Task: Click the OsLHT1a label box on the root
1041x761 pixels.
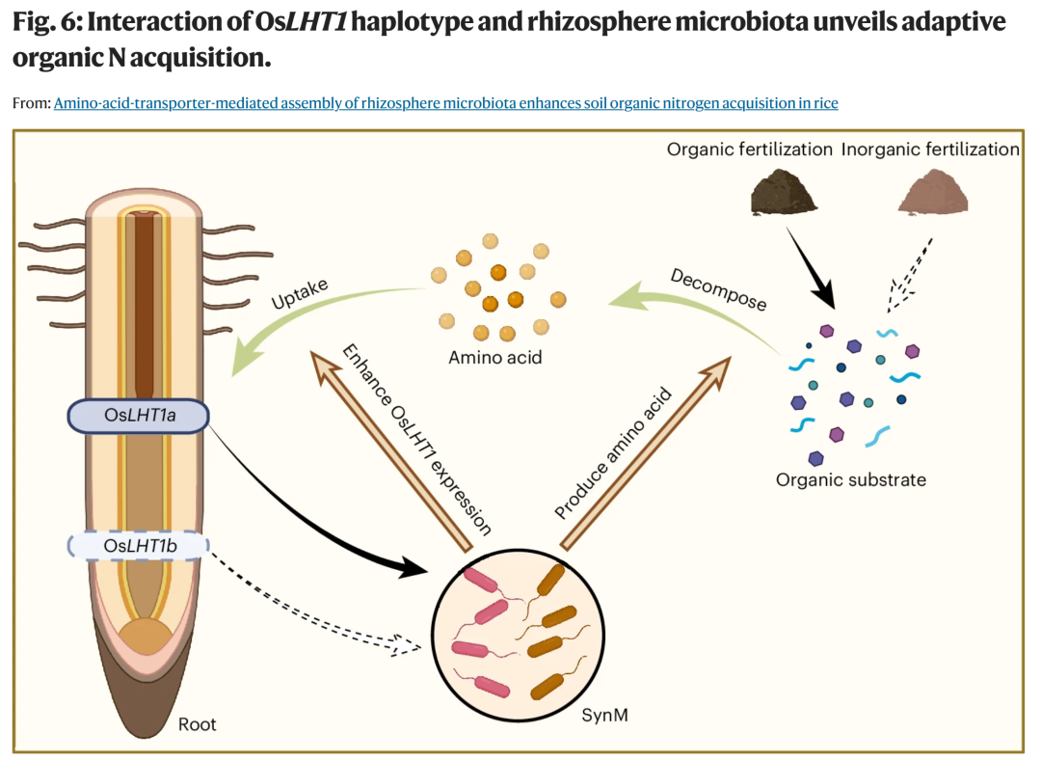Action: tap(139, 416)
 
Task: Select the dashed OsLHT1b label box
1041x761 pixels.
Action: tap(139, 546)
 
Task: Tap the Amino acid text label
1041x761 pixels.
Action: tap(495, 358)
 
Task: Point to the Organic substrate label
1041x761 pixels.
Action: tap(850, 480)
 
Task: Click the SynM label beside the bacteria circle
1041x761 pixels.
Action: tap(604, 715)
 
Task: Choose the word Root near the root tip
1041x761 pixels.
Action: tap(198, 723)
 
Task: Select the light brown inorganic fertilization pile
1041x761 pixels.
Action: tap(933, 192)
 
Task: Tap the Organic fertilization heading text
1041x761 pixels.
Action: tap(750, 149)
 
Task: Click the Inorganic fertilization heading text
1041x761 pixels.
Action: tap(930, 149)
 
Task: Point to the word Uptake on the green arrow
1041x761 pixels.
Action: tap(300, 293)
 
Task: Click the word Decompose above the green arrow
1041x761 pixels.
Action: tap(718, 289)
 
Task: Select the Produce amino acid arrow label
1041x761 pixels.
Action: tap(613, 453)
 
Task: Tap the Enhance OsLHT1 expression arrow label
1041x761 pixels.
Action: tap(417, 440)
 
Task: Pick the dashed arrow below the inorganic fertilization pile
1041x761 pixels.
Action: tap(910, 275)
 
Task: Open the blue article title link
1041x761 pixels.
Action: tap(446, 103)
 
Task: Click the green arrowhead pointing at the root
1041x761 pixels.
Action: tap(246, 353)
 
